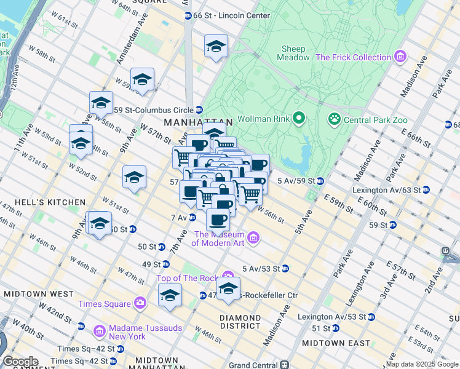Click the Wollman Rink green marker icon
click(x=299, y=117)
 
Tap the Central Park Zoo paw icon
click(x=335, y=118)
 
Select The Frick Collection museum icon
click(x=400, y=57)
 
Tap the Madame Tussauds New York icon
click(x=99, y=332)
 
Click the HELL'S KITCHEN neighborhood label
click(x=42, y=202)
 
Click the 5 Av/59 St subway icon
click(x=320, y=181)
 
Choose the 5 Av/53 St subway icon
click(x=285, y=269)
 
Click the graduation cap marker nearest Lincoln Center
click(x=216, y=47)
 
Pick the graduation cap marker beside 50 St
click(x=99, y=223)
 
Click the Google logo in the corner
click(x=20, y=361)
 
